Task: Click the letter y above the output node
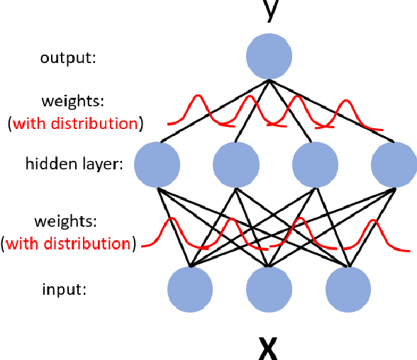coord(268,10)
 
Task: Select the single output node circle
coord(269,57)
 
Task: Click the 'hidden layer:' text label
coord(74,164)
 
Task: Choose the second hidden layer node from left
coord(236,164)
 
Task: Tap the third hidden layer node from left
coord(315,164)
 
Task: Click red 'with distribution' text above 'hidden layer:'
coord(75,123)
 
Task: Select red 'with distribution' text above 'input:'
coord(71,244)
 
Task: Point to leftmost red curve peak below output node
coord(195,98)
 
